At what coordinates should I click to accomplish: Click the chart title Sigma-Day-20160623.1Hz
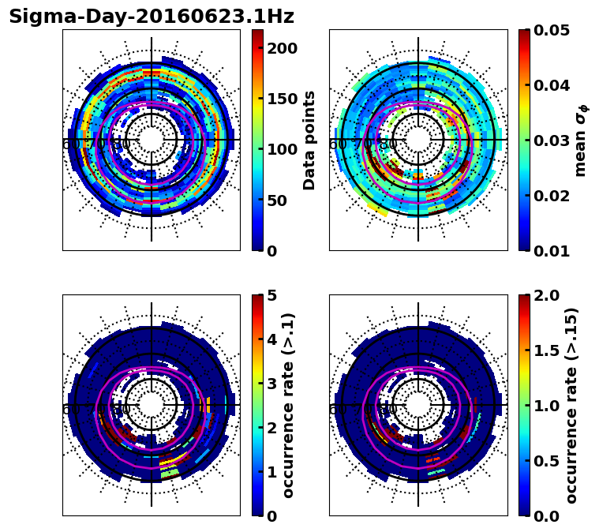(x=152, y=17)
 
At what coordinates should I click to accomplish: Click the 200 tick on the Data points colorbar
(x=282, y=48)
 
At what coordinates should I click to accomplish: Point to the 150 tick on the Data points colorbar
(x=282, y=99)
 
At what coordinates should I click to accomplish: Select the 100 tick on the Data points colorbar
(x=282, y=149)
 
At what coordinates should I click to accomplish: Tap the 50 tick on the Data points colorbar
(x=276, y=200)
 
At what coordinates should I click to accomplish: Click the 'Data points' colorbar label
(x=309, y=140)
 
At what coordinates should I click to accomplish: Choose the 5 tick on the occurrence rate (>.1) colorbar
(x=272, y=295)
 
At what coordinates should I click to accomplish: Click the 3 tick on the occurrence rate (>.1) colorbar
(x=272, y=384)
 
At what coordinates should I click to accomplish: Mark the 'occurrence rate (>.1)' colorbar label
(x=289, y=406)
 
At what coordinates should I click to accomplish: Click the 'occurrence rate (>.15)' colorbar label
(x=571, y=406)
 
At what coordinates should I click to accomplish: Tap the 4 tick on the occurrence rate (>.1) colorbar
(x=272, y=339)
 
